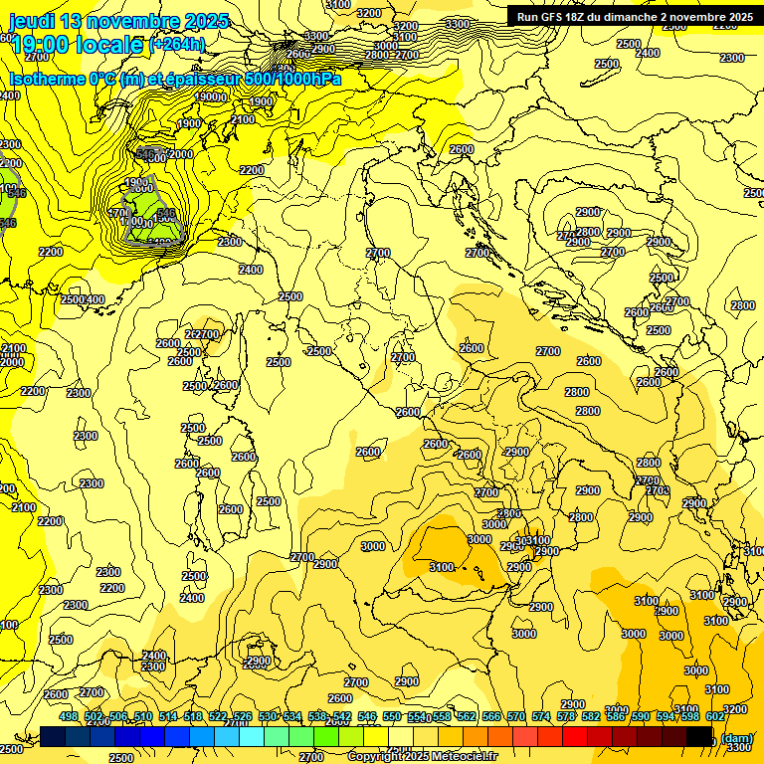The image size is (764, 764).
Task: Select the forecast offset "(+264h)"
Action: point(178,45)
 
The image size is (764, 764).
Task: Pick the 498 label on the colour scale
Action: point(69,716)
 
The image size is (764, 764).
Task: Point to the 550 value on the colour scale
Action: point(392,716)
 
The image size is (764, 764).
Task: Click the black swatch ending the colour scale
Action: point(699,735)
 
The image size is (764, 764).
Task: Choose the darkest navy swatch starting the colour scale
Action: point(53,735)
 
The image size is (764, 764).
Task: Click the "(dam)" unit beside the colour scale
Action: point(736,737)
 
